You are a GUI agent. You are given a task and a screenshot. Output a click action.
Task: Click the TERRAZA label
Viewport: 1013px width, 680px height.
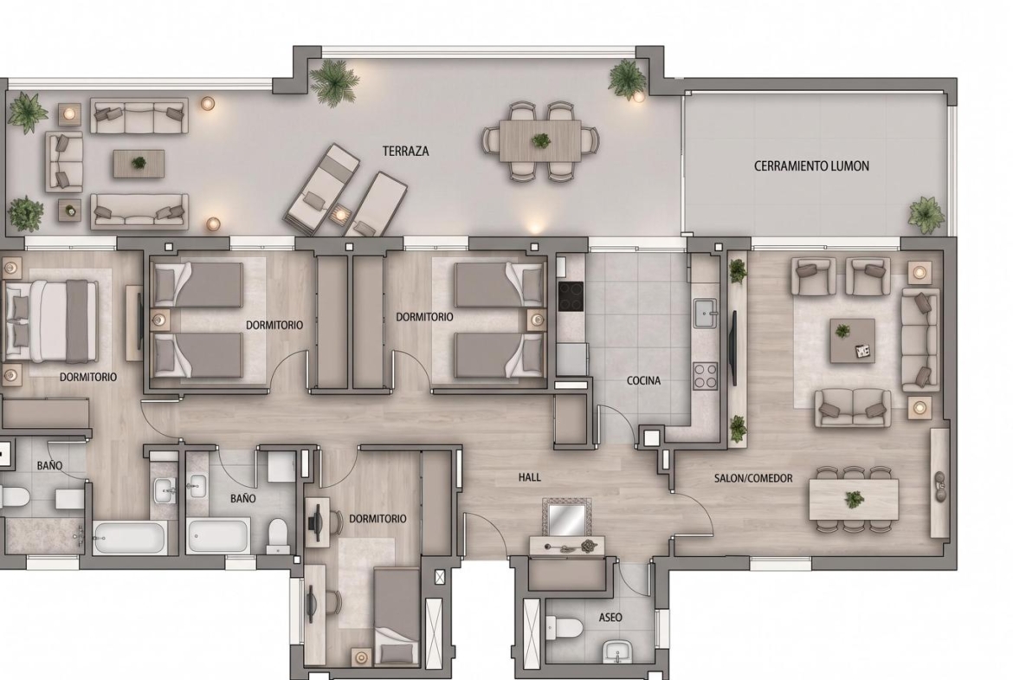pyautogui.click(x=406, y=152)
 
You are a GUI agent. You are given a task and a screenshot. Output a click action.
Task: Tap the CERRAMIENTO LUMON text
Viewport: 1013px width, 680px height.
pyautogui.click(x=811, y=166)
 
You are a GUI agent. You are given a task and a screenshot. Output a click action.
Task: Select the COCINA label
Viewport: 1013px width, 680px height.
pyautogui.click(x=643, y=381)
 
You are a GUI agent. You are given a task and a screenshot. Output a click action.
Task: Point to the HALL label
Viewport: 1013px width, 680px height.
pyautogui.click(x=529, y=477)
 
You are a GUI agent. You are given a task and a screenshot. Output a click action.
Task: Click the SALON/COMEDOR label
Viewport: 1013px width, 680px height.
pyautogui.click(x=753, y=478)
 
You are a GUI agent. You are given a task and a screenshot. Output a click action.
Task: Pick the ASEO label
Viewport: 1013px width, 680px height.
pyautogui.click(x=610, y=618)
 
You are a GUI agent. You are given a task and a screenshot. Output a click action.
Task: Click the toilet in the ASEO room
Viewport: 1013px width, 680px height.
pyautogui.click(x=564, y=627)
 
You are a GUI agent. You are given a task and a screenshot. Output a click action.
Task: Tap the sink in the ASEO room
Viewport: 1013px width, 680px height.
pyautogui.click(x=618, y=653)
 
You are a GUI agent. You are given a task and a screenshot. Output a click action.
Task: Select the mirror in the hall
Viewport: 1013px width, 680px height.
pyautogui.click(x=566, y=518)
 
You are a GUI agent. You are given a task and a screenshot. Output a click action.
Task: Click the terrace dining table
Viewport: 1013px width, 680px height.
pyautogui.click(x=540, y=141)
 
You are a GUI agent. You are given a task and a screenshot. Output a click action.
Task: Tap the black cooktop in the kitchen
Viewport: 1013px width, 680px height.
pyautogui.click(x=571, y=297)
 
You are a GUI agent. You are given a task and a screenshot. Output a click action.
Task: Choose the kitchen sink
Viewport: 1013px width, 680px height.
pyautogui.click(x=706, y=314)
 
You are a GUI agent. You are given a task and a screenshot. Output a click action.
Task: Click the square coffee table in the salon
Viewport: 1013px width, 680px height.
pyautogui.click(x=852, y=340)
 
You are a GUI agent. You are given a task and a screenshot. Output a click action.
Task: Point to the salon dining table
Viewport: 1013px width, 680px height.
pyautogui.click(x=854, y=499)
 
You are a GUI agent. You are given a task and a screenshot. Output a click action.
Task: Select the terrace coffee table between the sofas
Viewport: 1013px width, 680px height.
pyautogui.click(x=139, y=164)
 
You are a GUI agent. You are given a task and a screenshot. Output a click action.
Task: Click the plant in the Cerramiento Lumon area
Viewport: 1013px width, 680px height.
pyautogui.click(x=926, y=214)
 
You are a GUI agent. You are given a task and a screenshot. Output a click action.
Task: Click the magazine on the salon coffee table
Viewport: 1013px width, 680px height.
pyautogui.click(x=862, y=350)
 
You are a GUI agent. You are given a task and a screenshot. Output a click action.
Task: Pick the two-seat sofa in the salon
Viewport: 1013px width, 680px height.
pyautogui.click(x=853, y=407)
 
